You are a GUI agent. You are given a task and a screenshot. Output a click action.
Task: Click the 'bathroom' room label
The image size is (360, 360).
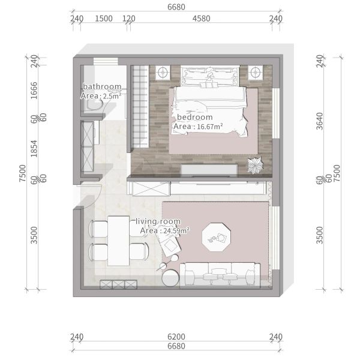pos(102,86)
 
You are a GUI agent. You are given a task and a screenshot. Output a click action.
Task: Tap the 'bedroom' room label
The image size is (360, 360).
pos(194,117)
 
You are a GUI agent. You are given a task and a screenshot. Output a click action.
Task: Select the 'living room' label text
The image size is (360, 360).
pos(158,221)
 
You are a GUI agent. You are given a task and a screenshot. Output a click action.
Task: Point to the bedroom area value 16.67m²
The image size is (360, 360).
pos(210,127)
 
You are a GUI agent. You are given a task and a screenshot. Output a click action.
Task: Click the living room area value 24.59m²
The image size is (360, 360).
pos(176,230)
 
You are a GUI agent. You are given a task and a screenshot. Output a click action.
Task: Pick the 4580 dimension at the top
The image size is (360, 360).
pos(202,19)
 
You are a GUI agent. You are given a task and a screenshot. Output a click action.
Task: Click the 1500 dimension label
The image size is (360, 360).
pos(104,19)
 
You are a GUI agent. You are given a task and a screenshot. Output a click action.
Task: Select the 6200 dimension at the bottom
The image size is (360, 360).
pos(176,337)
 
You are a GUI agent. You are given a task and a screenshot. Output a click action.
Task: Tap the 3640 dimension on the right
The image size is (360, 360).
pos(320,121)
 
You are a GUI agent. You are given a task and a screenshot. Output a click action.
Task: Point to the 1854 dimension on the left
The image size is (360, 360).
pos(34,149)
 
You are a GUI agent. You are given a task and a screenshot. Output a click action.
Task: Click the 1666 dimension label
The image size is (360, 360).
pos(34,91)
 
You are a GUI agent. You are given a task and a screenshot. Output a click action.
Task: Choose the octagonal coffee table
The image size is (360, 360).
pos(217,237)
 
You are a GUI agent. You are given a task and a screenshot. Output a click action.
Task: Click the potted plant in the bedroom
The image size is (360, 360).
pos(255,166)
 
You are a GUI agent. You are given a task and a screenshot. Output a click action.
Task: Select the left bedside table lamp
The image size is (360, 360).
pos(163,73)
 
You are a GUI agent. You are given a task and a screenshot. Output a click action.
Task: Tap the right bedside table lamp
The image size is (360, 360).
pos(255,73)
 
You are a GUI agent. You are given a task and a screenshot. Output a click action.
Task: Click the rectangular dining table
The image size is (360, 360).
pos(118,241)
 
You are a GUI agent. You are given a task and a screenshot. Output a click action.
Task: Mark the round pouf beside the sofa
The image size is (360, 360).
pos(170,278)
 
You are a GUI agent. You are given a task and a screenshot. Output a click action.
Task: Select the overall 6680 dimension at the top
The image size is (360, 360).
pos(176,7)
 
